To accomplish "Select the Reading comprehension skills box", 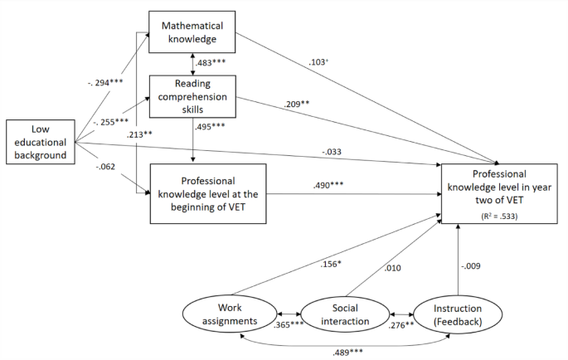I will click(193, 96).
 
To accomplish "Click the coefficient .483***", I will click(212, 63).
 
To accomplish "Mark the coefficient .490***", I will click(329, 186).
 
